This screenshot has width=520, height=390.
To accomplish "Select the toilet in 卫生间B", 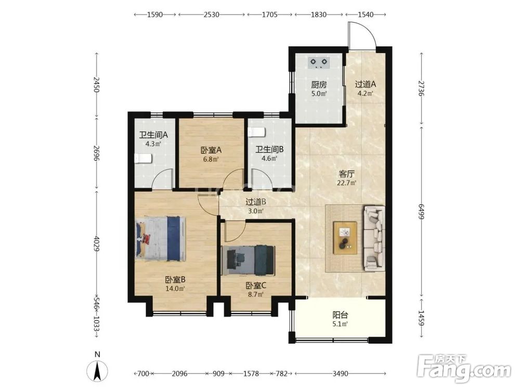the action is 257,132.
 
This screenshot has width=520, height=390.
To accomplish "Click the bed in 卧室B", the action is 161,239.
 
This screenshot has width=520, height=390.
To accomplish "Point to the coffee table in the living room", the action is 345,238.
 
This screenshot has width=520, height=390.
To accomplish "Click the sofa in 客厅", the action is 374,238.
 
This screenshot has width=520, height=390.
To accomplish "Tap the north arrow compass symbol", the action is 97,371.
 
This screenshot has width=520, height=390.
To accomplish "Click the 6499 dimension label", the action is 421,212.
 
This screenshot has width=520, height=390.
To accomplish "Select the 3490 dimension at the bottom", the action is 340,374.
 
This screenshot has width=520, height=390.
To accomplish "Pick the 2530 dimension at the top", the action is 212,15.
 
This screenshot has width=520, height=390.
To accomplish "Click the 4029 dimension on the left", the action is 97,244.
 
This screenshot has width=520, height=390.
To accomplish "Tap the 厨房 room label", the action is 319,85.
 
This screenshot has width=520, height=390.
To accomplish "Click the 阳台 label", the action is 340,315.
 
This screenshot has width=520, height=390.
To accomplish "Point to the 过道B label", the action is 256,202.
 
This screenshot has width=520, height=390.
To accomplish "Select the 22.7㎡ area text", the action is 346,183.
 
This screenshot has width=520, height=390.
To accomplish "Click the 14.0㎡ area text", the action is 175,289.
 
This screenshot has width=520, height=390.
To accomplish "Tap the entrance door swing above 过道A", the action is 362,36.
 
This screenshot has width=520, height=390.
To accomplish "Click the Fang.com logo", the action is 464,368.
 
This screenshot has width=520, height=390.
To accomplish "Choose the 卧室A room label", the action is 211,150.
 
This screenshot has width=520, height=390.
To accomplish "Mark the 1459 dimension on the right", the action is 421,318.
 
